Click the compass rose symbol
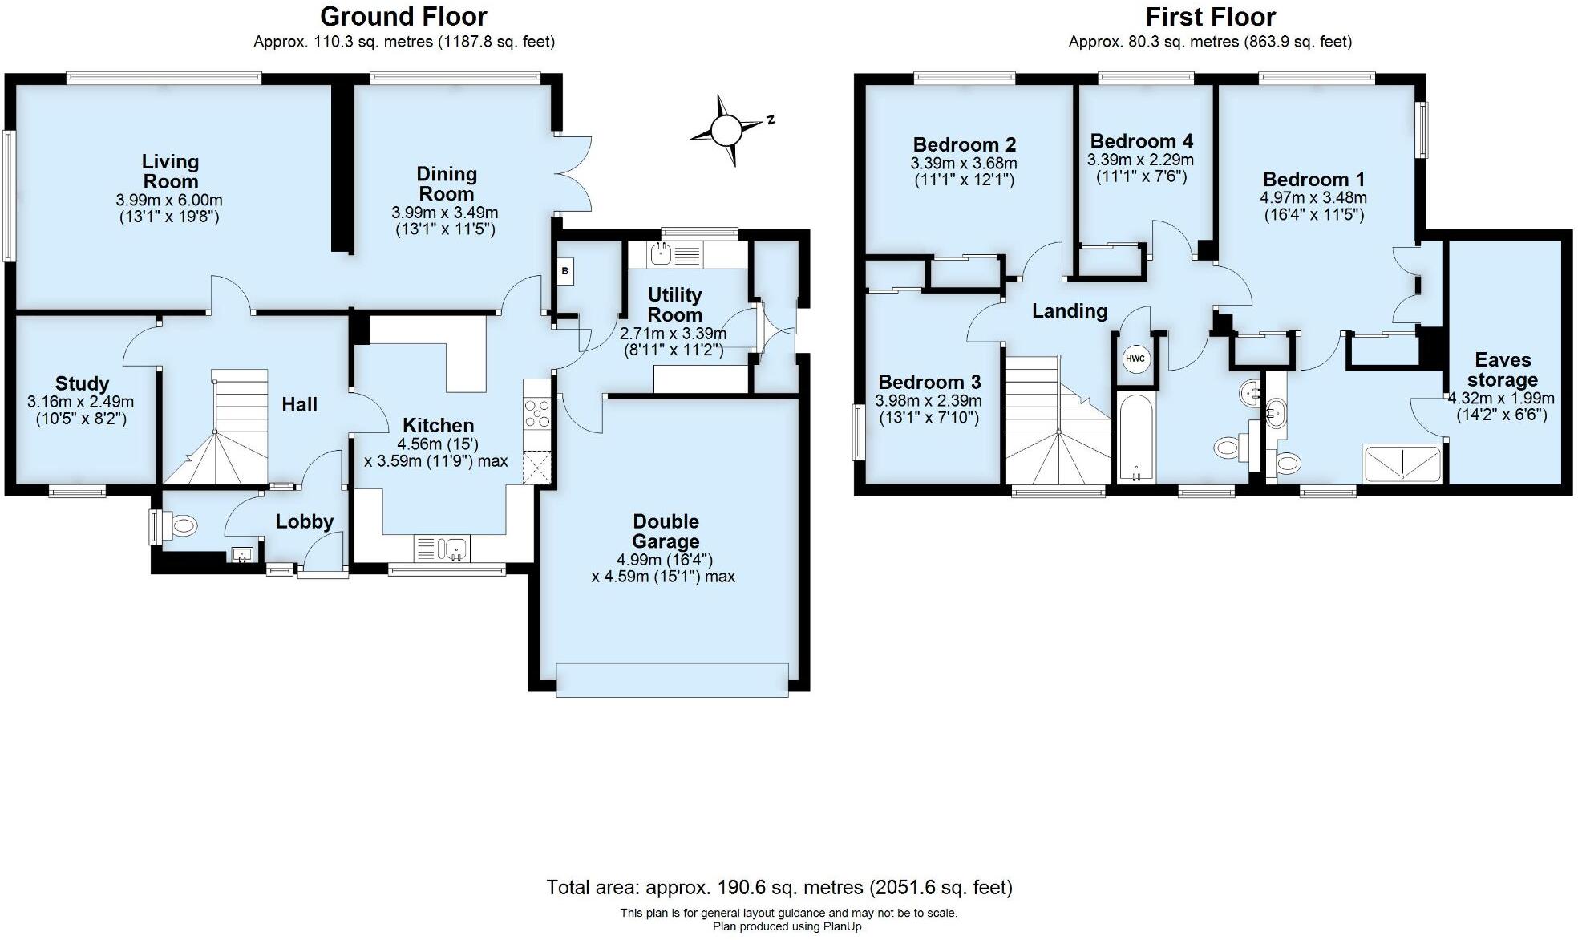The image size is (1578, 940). pos(726,129)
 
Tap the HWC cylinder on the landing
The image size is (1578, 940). pos(1135,359)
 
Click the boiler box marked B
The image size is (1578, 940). pos(565,271)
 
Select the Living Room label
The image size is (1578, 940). pos(170,172)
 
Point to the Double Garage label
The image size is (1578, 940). pos(665,531)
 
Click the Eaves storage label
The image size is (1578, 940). pos(1502,370)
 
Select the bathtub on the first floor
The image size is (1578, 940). pos(1135,437)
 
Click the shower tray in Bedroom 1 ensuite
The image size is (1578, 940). pos(1402,464)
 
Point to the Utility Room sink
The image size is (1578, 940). pos(662,255)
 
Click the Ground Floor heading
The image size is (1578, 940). pos(403,16)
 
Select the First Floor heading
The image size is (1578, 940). pos(1210,16)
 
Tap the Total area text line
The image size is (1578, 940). pos(779,887)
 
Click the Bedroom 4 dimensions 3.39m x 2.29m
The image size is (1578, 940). pos(1139,160)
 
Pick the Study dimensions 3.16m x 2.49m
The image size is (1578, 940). pos(80,401)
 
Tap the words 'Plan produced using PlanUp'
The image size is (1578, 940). pos(788,926)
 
